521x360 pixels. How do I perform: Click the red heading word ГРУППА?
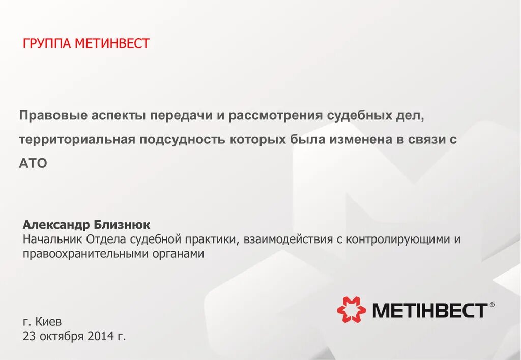pyautogui.click(x=47, y=44)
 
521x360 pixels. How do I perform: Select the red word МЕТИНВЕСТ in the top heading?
pyautogui.click(x=112, y=44)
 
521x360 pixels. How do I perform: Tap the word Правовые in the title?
pyautogui.click(x=53, y=116)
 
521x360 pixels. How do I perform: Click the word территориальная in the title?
pyautogui.click(x=77, y=140)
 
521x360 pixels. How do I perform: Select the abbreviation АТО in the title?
pyautogui.click(x=33, y=163)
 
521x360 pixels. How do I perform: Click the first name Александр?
pyautogui.click(x=56, y=225)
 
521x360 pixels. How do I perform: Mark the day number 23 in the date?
pyautogui.click(x=30, y=337)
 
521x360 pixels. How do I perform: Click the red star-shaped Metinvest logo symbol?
pyautogui.click(x=351, y=310)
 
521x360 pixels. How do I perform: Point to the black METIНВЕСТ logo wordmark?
pyautogui.click(x=430, y=310)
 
